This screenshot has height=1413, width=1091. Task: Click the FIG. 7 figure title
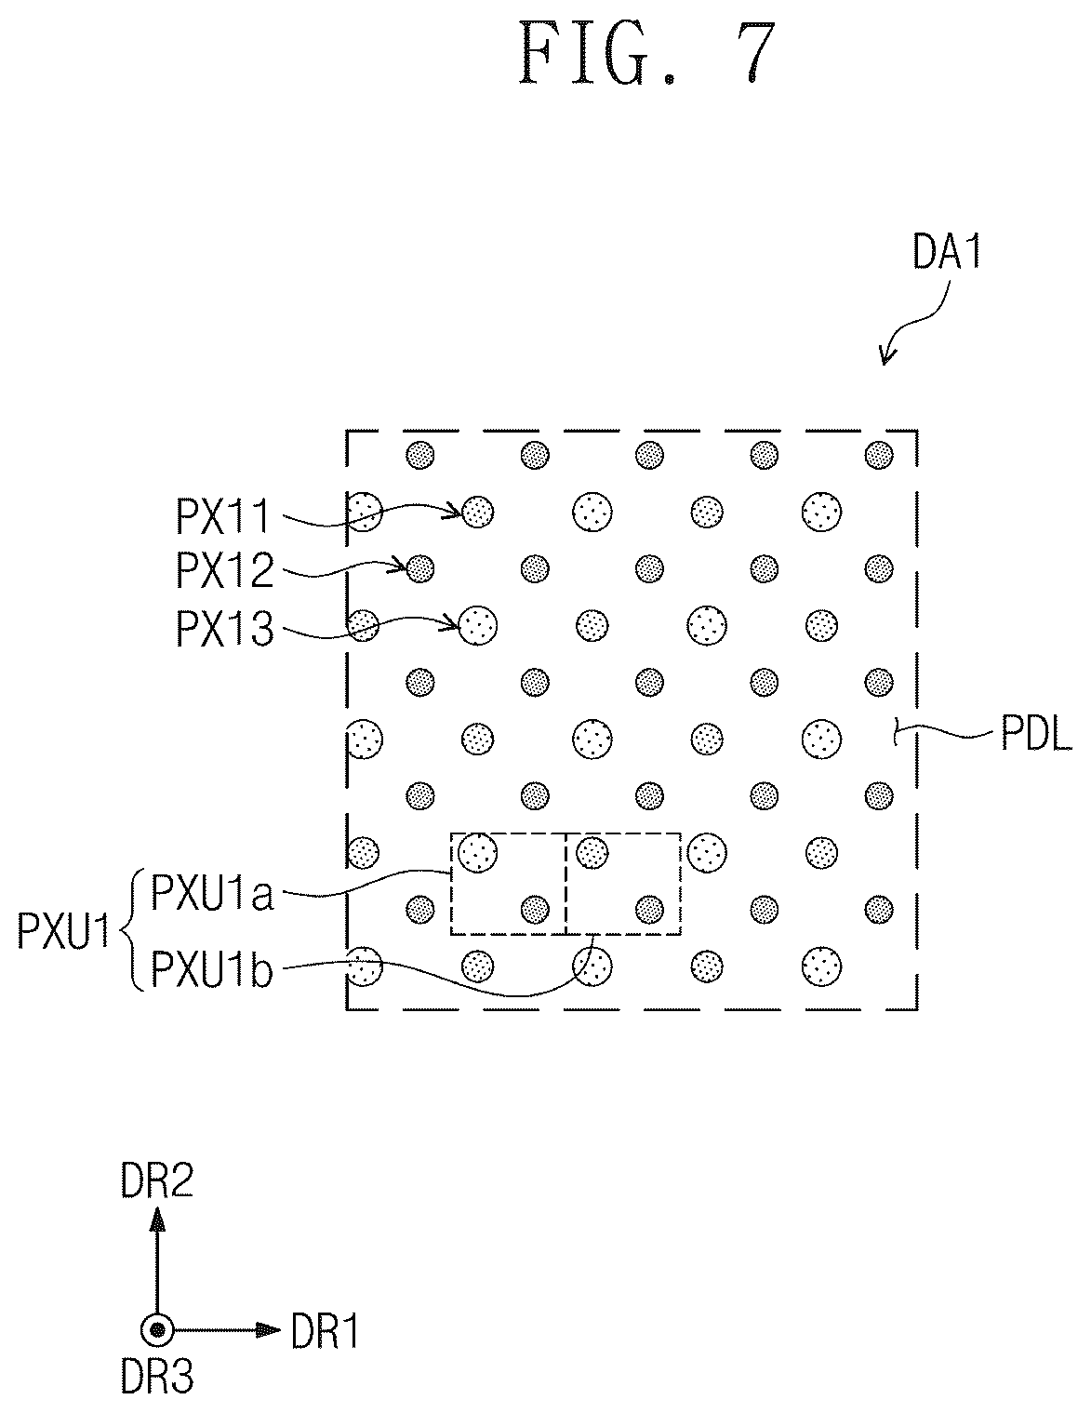click(647, 53)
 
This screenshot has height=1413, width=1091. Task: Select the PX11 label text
click(223, 517)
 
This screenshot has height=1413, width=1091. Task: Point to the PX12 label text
click(224, 571)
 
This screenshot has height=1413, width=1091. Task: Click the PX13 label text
click(224, 628)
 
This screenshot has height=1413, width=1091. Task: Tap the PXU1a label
click(212, 893)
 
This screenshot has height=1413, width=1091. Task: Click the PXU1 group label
click(63, 931)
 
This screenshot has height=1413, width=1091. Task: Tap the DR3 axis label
click(156, 1394)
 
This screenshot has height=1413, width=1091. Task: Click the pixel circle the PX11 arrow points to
click(477, 511)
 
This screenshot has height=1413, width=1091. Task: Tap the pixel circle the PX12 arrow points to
click(420, 569)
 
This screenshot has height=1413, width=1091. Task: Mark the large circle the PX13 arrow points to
click(478, 625)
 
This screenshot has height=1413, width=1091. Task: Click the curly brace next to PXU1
click(132, 931)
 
